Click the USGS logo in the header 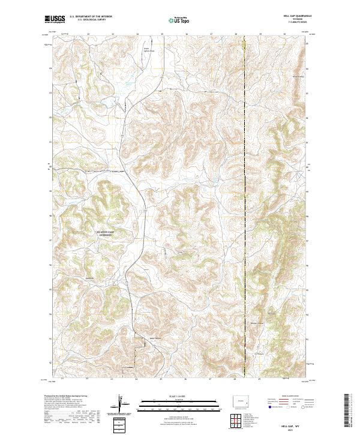[55, 19]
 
